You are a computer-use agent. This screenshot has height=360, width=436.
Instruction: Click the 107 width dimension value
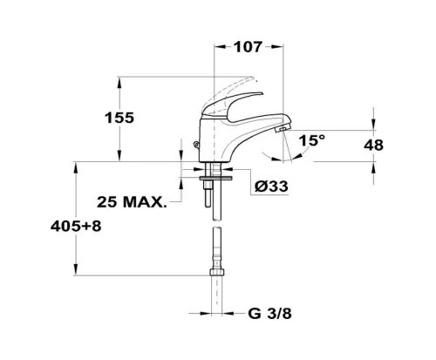pyautogui.click(x=249, y=47)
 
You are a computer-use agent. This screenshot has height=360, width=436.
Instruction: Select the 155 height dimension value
pyautogui.click(x=119, y=118)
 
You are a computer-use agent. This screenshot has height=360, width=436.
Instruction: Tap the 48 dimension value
pyautogui.click(x=374, y=145)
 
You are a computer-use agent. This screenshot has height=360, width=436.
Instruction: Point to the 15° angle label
pyautogui.click(x=312, y=140)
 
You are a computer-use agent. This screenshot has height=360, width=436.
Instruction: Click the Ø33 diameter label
pyautogui.click(x=271, y=187)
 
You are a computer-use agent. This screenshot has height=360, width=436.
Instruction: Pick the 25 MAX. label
pyautogui.click(x=132, y=202)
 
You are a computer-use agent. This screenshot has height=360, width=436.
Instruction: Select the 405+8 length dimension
pyautogui.click(x=76, y=226)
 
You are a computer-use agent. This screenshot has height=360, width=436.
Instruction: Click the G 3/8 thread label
pyautogui.click(x=269, y=314)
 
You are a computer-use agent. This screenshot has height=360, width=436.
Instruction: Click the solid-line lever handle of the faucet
pyautogui.click(x=233, y=105)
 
